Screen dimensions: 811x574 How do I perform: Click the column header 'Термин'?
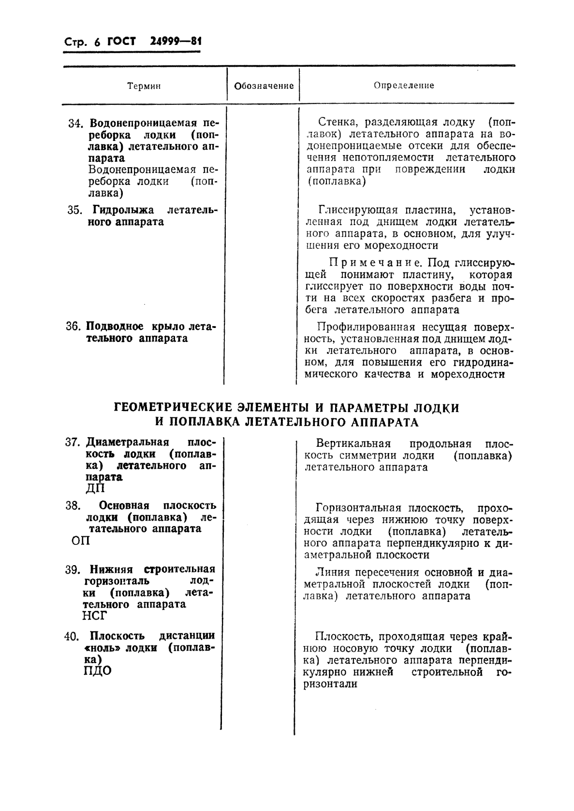144,86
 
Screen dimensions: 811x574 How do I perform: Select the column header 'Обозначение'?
264,86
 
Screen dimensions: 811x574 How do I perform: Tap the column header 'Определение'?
404,85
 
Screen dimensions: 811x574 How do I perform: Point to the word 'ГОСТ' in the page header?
121,42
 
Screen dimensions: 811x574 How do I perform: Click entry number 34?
75,124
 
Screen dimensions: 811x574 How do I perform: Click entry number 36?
74,327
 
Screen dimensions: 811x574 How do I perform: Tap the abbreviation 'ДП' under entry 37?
95,489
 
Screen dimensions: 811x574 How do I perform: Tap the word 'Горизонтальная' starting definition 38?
358,508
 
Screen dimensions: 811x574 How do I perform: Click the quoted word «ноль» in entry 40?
103,648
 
